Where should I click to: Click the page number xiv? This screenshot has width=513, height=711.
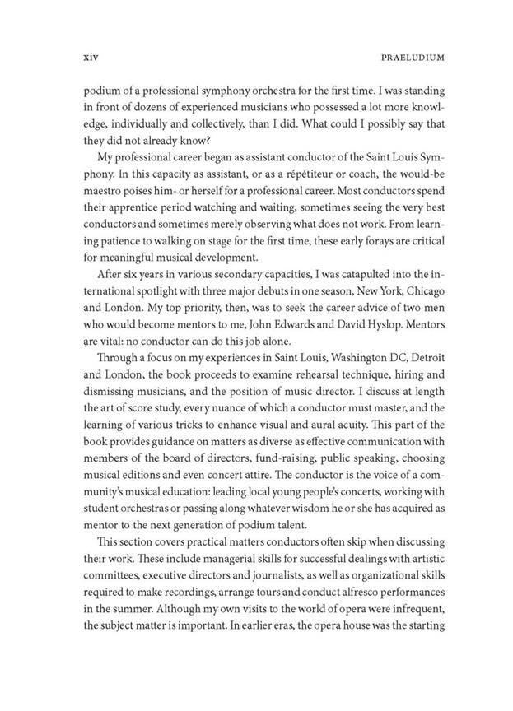(x=77, y=58)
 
